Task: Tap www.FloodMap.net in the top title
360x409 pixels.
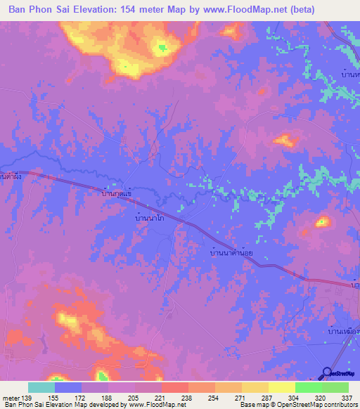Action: pos(241,10)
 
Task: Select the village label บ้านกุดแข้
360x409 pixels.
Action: pos(117,191)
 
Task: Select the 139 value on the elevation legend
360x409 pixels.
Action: pos(27,398)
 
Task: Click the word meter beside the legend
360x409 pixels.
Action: pos(11,398)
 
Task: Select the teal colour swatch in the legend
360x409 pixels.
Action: pos(41,387)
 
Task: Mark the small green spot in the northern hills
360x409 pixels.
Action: pos(162,48)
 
